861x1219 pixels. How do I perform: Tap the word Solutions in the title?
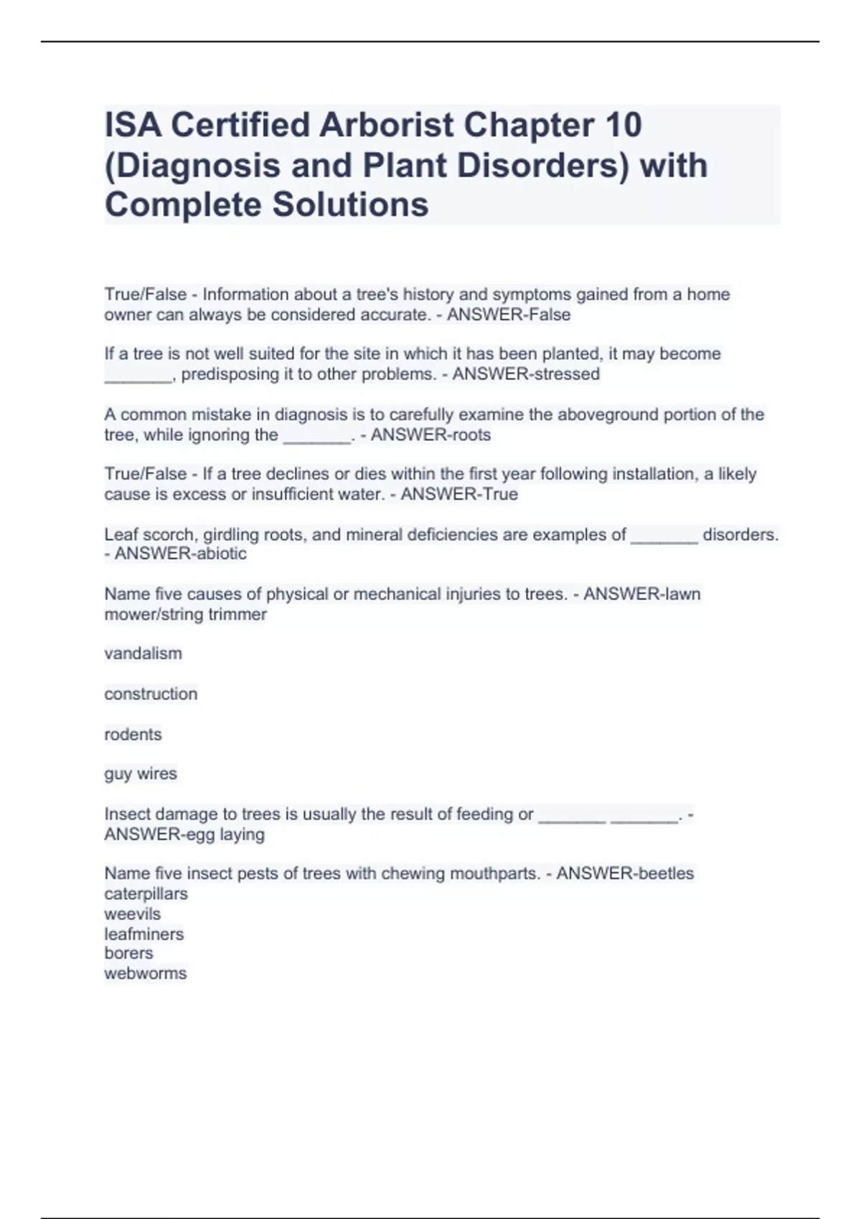point(350,204)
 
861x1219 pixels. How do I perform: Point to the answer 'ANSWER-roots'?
point(430,435)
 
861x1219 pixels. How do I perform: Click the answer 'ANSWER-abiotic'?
point(180,554)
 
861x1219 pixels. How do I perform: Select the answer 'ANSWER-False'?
point(509,315)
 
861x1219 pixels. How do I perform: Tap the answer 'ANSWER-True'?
point(459,494)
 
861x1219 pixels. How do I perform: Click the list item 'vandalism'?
point(143,653)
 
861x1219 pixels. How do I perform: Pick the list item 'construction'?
point(151,693)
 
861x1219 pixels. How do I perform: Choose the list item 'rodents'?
point(133,734)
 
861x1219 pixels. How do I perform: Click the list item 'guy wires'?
point(141,774)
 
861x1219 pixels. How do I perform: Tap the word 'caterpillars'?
point(146,893)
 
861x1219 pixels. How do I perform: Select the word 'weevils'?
point(132,914)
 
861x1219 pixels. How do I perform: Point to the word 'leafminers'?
point(143,934)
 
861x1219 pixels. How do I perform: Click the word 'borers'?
point(128,953)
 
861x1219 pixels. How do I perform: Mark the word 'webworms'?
point(145,973)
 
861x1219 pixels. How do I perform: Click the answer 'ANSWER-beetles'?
point(625,873)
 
